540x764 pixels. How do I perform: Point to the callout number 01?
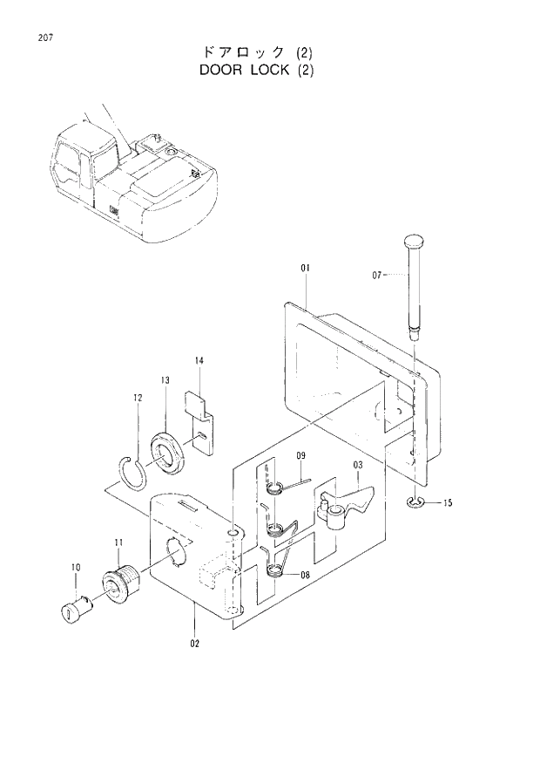(x=306, y=268)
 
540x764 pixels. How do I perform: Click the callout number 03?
(x=357, y=466)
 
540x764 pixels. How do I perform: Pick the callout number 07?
(x=377, y=275)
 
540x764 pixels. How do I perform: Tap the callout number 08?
(x=305, y=576)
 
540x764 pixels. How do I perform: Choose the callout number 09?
(x=300, y=456)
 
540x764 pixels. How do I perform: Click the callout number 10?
(x=75, y=568)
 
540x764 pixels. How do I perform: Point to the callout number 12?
(x=138, y=399)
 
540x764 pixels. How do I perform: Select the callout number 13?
(x=165, y=380)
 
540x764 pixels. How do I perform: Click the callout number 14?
(x=199, y=361)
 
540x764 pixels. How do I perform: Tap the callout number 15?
(x=448, y=503)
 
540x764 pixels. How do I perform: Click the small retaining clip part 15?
(x=414, y=502)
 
